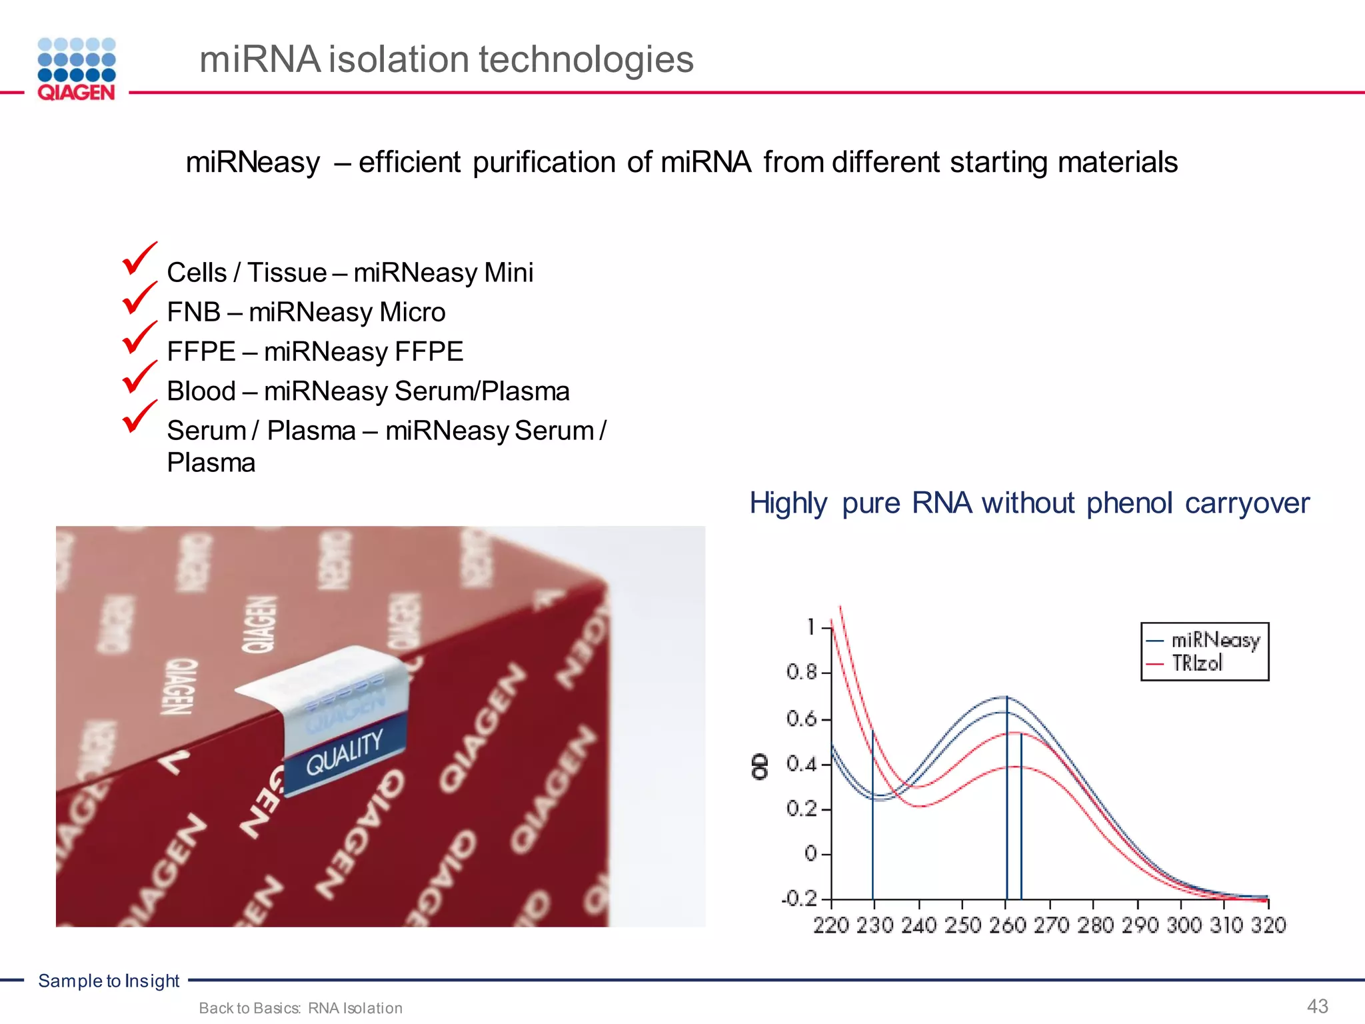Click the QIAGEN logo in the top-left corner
tap(77, 69)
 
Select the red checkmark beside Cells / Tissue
tap(139, 259)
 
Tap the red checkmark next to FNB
tap(139, 298)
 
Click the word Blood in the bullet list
tap(201, 391)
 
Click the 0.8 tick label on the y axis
tap(801, 672)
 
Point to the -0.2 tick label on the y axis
tap(799, 899)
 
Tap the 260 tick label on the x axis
tap(1006, 925)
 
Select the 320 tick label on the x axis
tap(1268, 925)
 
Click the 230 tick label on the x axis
tap(874, 925)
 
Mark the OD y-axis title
tap(760, 767)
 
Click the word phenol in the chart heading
tap(1129, 503)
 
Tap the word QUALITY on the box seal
tap(345, 751)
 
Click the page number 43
tap(1318, 1006)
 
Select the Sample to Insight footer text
tap(109, 981)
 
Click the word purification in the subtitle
tap(544, 163)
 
